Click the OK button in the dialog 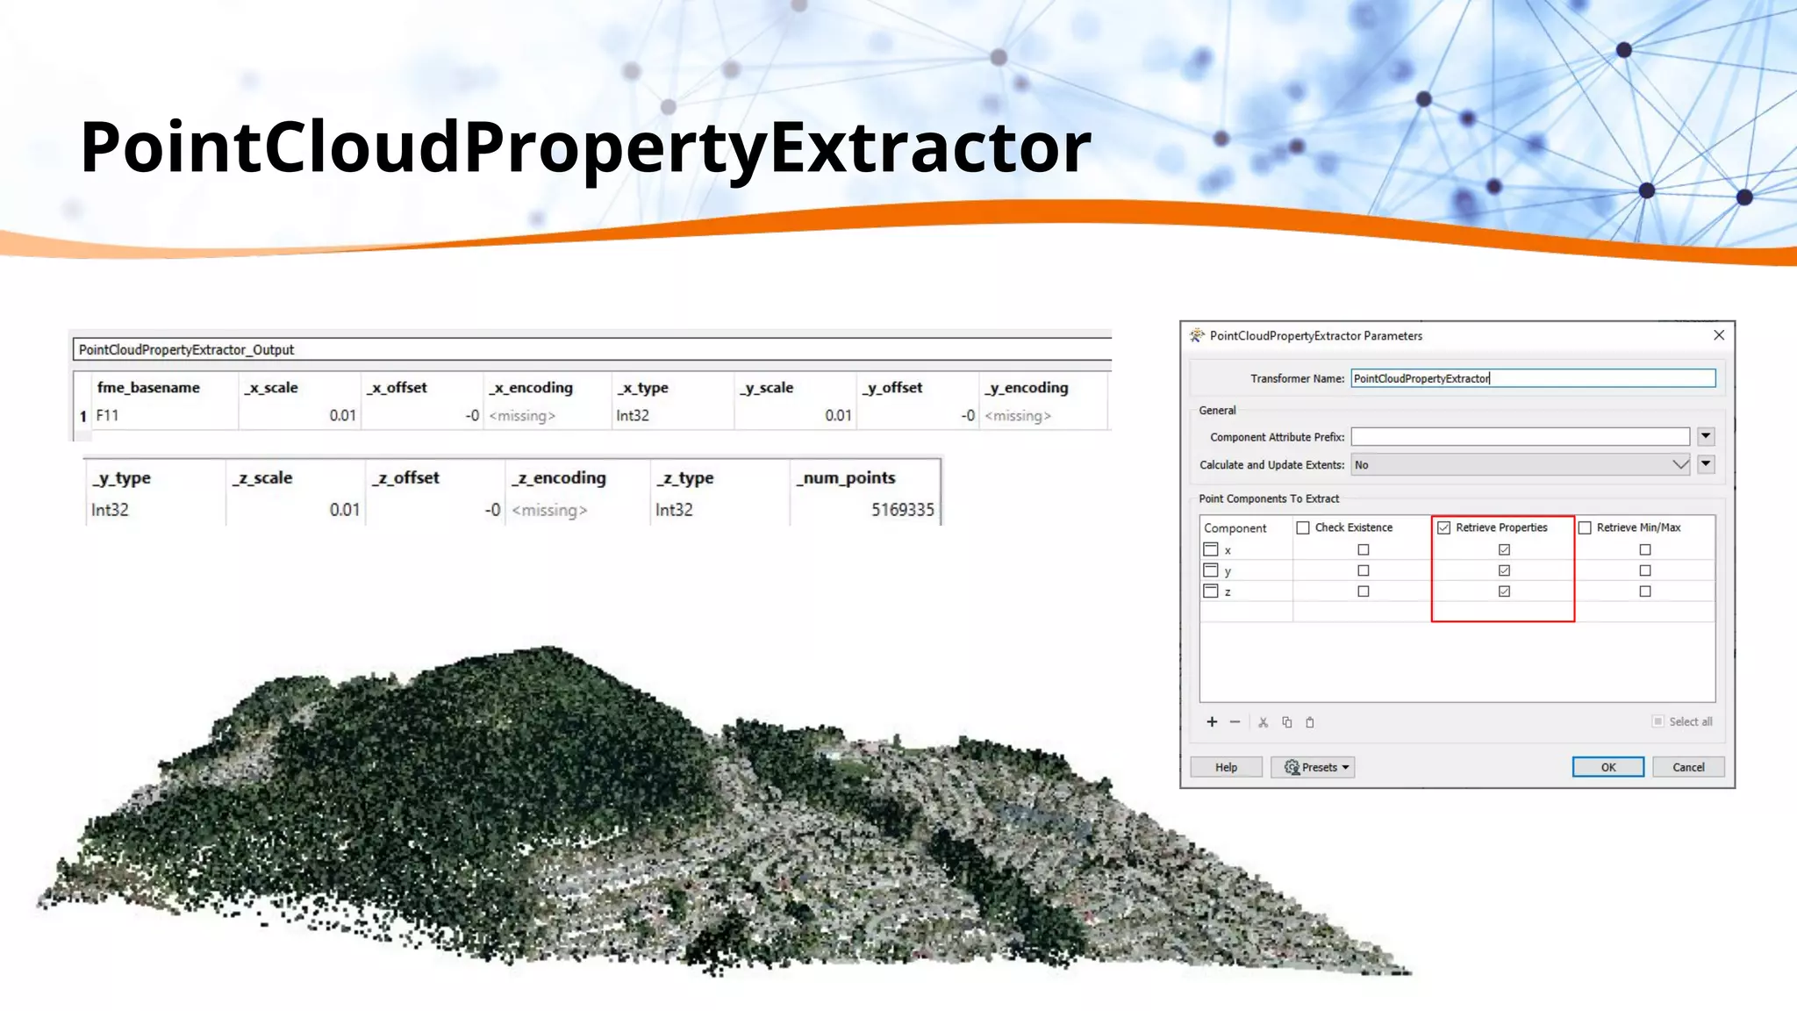click(1607, 767)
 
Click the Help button click(1226, 767)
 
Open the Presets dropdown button click(1313, 767)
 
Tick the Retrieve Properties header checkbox click(1444, 527)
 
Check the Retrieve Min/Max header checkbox click(1585, 527)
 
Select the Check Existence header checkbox click(1303, 527)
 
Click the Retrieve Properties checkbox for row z click(1504, 592)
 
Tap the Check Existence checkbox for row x click(1363, 549)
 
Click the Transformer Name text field click(1532, 378)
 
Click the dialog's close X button click(1719, 335)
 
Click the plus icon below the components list click(1212, 721)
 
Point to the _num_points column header click(847, 477)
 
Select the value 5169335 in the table click(902, 510)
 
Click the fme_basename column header click(148, 387)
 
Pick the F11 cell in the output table click(108, 415)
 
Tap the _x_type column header click(643, 387)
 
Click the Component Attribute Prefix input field click(1520, 437)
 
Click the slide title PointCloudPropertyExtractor click(585, 147)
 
